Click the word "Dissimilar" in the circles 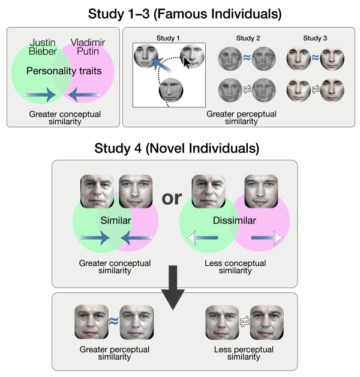235,220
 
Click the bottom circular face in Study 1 170,93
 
